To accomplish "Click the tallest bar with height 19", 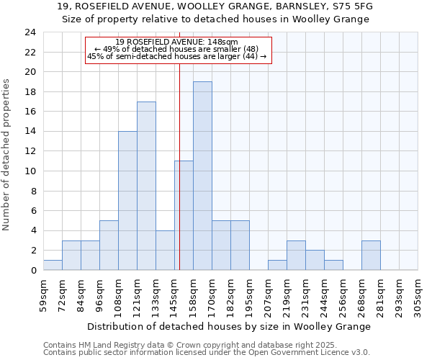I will (202, 176).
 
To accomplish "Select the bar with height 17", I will (146, 186).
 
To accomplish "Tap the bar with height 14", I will (127, 201).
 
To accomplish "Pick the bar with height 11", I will (184, 215).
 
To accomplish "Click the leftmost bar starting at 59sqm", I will (53, 265).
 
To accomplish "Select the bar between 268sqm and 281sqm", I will (371, 256).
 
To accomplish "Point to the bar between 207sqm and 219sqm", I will (277, 265).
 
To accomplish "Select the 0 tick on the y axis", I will (33, 271).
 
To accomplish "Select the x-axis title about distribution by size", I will (229, 326).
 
